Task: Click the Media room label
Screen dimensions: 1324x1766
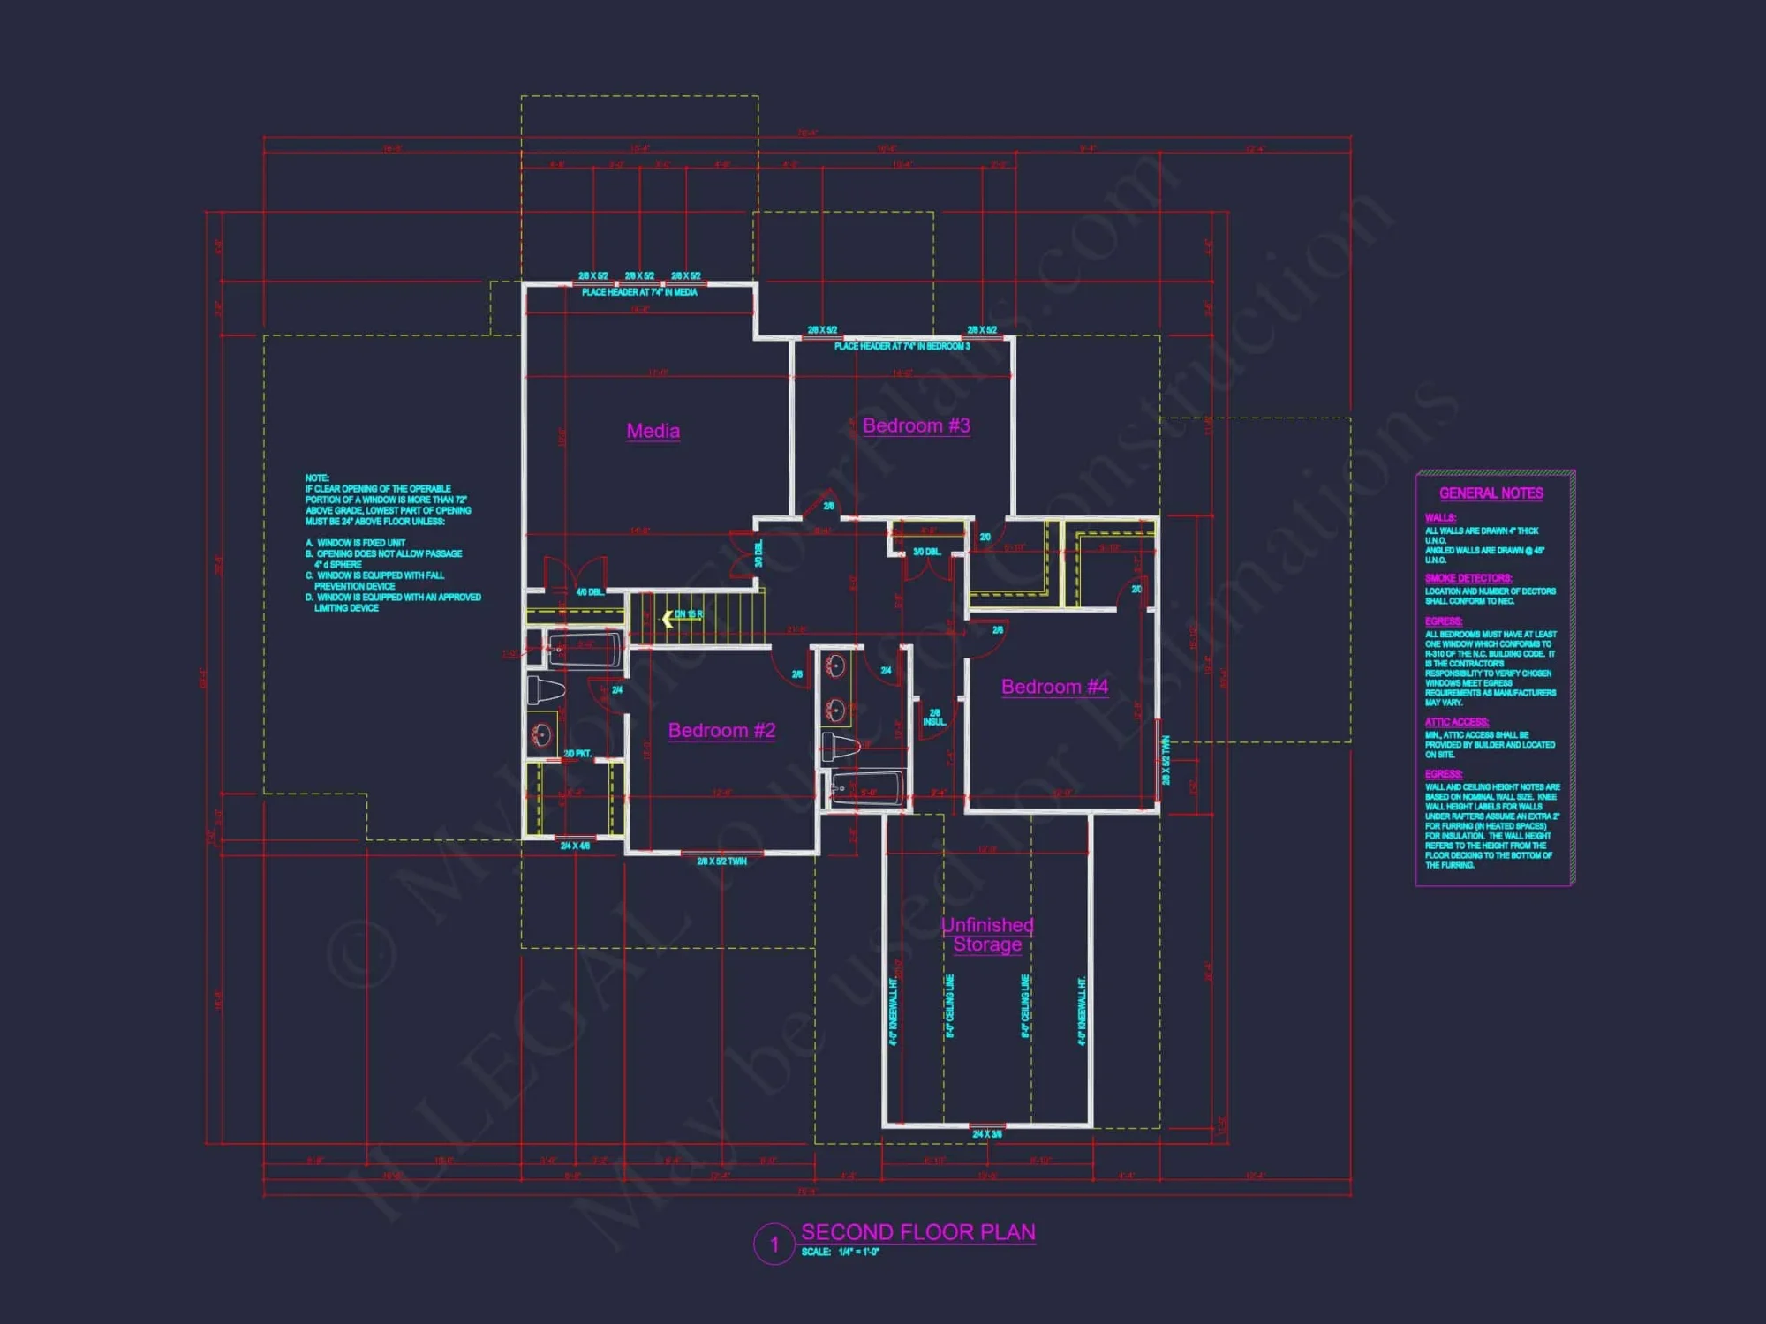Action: click(x=653, y=431)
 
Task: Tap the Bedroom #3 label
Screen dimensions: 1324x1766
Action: click(x=916, y=425)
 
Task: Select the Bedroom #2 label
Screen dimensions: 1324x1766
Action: click(x=721, y=730)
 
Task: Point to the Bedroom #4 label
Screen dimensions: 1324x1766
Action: click(x=1054, y=687)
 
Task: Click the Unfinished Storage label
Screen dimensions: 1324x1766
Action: click(x=987, y=935)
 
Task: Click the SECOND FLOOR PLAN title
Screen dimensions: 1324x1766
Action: click(x=917, y=1232)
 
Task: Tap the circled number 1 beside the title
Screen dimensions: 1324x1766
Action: click(x=774, y=1245)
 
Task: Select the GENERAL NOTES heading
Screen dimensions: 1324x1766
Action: click(x=1491, y=493)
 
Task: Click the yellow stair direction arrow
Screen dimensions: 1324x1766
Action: click(x=668, y=619)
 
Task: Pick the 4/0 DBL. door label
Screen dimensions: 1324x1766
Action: click(x=590, y=592)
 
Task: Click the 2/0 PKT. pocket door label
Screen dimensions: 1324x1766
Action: click(x=577, y=754)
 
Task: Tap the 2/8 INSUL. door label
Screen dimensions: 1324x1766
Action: click(x=934, y=718)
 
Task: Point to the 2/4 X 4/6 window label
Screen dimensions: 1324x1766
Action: click(x=575, y=846)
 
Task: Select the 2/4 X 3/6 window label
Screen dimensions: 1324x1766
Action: click(x=987, y=1134)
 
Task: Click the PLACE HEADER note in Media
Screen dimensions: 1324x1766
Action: click(x=639, y=292)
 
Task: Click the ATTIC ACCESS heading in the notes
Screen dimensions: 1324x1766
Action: click(x=1456, y=722)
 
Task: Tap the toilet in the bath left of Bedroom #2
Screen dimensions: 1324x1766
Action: click(x=545, y=688)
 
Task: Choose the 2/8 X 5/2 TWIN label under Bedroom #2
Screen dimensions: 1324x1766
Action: click(x=721, y=861)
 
